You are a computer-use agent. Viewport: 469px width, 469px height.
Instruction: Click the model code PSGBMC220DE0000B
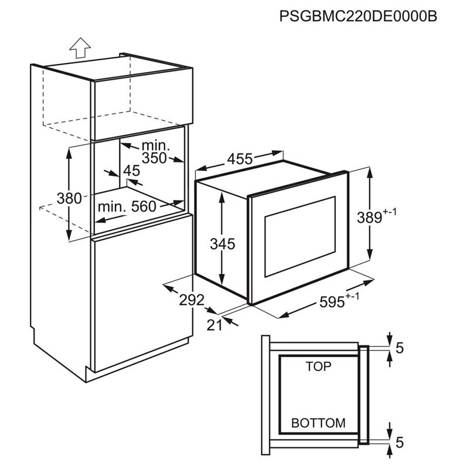tap(359, 15)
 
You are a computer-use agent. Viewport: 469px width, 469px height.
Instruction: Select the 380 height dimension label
tap(70, 198)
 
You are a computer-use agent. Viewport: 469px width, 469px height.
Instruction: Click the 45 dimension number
tap(131, 171)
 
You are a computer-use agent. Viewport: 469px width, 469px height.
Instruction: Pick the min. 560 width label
tap(127, 206)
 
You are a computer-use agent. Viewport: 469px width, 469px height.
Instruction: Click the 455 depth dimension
tap(240, 158)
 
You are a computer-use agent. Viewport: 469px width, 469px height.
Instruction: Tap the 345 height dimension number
tap(223, 243)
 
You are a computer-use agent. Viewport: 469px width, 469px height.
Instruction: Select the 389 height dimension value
tap(368, 217)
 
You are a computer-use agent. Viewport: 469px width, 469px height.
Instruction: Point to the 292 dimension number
tap(192, 300)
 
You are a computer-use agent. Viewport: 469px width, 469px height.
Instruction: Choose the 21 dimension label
tap(215, 325)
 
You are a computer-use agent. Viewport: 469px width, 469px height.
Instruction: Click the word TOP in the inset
tap(318, 366)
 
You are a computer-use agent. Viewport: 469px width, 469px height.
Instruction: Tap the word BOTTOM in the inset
tap(318, 423)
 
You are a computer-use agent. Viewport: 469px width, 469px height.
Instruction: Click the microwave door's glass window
tap(300, 237)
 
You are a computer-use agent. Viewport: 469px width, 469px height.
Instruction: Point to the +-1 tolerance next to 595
tap(352, 297)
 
